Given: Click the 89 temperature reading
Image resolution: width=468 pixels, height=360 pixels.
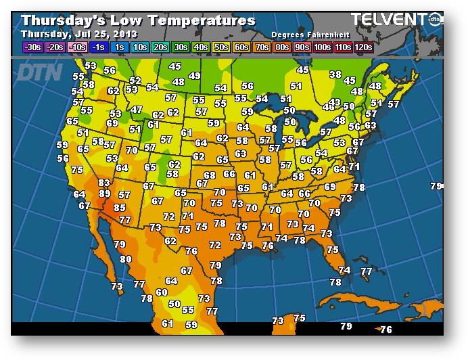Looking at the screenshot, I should (105, 194).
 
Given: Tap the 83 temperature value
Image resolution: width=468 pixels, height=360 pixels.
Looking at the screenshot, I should (104, 183).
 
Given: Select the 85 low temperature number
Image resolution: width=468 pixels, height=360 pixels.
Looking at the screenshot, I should (120, 208).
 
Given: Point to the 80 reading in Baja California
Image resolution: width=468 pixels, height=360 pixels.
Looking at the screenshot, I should (126, 258).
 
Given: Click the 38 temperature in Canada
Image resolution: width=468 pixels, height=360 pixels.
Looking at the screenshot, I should (335, 74).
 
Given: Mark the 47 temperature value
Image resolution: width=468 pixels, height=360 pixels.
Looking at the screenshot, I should (137, 110).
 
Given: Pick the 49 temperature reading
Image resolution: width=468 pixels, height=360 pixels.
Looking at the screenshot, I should (195, 76).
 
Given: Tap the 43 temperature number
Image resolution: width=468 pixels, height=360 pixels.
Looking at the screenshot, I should (334, 102).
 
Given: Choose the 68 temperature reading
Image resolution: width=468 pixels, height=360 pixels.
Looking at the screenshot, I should (210, 175).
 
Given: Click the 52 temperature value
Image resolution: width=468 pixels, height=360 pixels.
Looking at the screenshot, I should (135, 81).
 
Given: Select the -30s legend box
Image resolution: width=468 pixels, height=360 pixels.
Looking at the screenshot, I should (32, 47).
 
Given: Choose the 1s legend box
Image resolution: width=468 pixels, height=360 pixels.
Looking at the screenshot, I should (120, 47).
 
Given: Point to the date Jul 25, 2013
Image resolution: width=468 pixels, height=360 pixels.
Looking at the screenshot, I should (108, 34).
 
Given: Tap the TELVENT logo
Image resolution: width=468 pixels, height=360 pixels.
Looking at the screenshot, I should (389, 20).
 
